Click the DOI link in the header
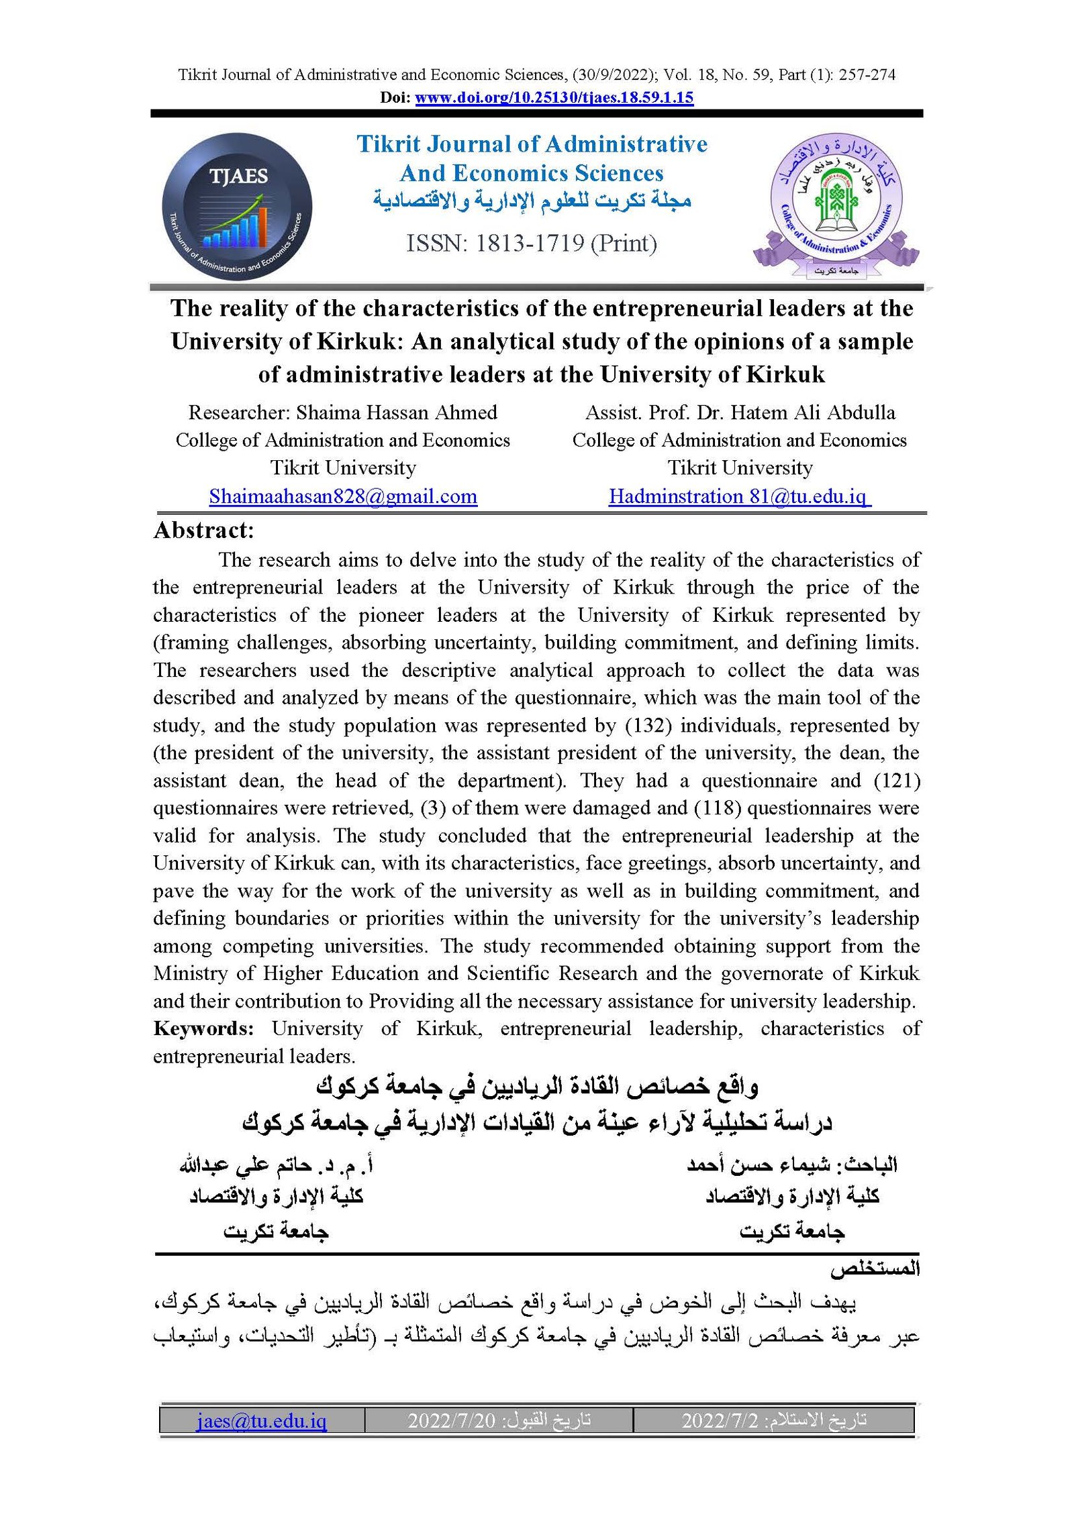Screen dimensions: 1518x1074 (x=554, y=97)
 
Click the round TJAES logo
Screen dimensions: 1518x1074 (x=237, y=206)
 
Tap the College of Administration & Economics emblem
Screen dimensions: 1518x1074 (x=836, y=205)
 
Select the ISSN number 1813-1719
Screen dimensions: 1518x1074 (x=530, y=243)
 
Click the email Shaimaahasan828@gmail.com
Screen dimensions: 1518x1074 (x=343, y=496)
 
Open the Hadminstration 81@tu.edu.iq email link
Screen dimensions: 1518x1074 (x=739, y=496)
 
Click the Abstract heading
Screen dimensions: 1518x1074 (x=204, y=531)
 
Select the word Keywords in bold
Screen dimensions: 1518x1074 (x=203, y=1028)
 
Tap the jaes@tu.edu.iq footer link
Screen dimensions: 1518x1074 (x=262, y=1421)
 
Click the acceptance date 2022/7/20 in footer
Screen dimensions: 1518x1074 (x=451, y=1421)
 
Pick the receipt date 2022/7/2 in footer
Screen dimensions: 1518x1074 (x=720, y=1421)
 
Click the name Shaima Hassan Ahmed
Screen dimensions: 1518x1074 (x=397, y=412)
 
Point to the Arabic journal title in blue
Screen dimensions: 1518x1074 (x=532, y=200)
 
